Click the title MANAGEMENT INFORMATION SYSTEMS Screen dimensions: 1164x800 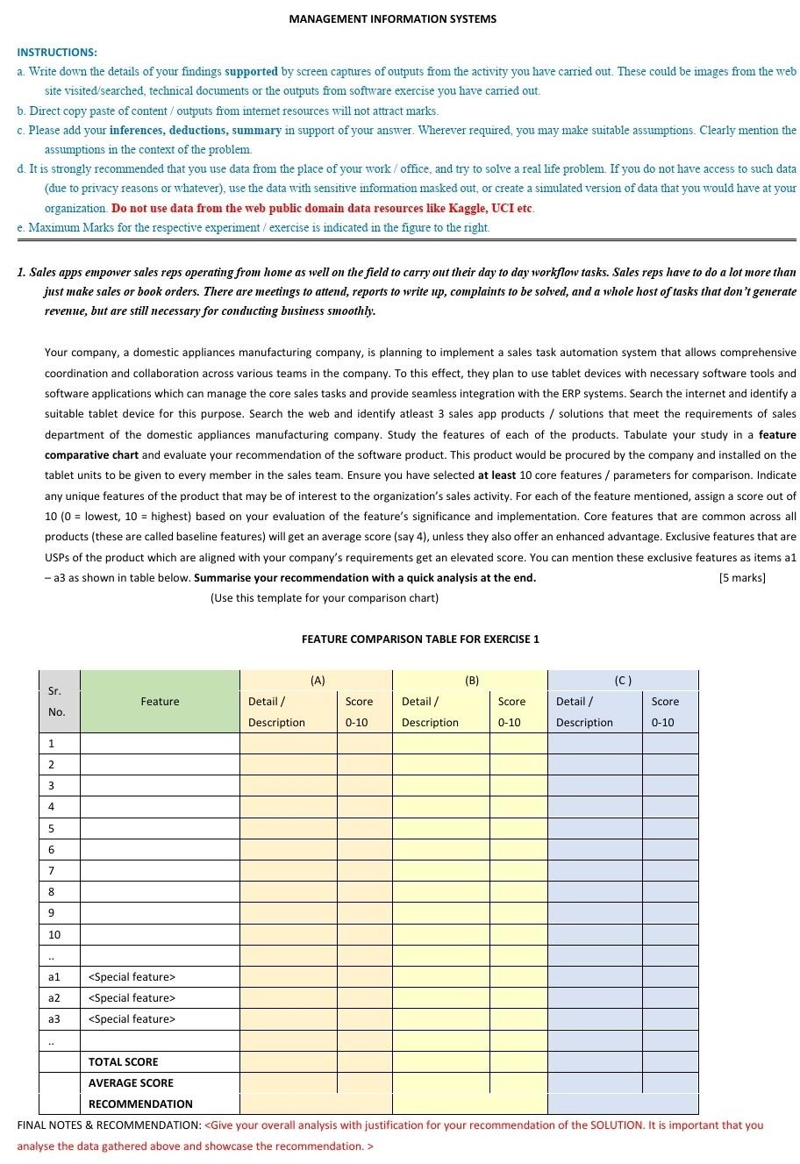pos(392,18)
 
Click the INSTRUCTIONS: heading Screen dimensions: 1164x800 pos(57,53)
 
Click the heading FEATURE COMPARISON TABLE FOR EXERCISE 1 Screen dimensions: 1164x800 pos(420,639)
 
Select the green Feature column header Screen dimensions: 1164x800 pos(160,701)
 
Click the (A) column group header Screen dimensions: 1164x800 pos(317,680)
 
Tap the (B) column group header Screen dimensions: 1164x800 pos(471,680)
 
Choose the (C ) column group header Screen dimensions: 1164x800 pos(623,680)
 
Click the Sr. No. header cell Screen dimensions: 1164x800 pos(57,701)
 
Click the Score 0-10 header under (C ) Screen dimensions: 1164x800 pos(664,711)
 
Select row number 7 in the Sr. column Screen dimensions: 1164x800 pos(52,870)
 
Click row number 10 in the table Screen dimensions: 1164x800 pos(54,934)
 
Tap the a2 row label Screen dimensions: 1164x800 pos(54,997)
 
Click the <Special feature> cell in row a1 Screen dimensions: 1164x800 pos(132,976)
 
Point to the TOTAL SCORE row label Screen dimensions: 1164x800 pos(123,1061)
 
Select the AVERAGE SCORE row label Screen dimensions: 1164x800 pos(131,1082)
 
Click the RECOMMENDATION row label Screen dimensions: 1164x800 pos(140,1103)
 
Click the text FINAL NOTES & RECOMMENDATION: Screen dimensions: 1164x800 pos(109,1125)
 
